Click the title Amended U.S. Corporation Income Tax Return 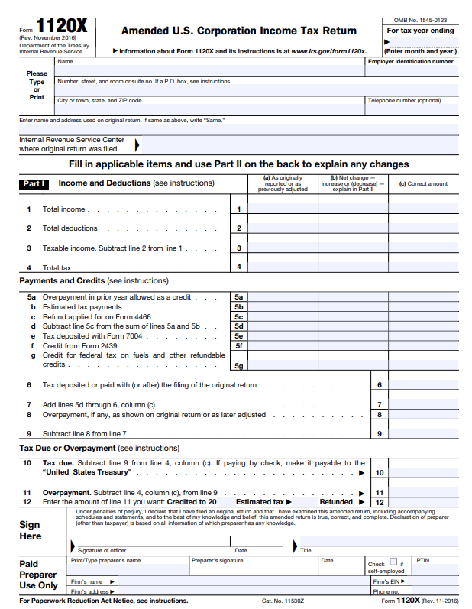[238, 31]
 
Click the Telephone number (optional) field [412, 109]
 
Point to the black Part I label [35, 183]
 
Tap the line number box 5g [239, 366]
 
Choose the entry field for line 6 [423, 385]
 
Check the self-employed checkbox [393, 563]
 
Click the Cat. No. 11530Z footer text [283, 601]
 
